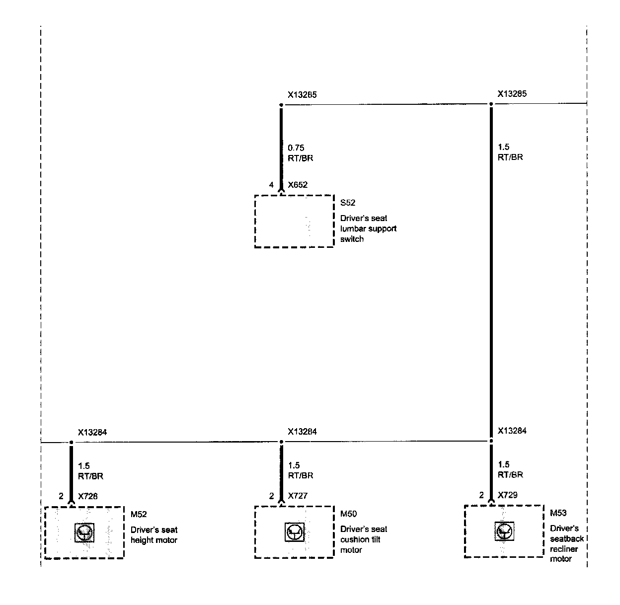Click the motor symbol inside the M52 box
[x=83, y=532]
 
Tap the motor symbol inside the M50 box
[x=294, y=532]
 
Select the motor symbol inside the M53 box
[x=504, y=531]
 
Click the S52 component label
[x=348, y=203]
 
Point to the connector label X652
[x=298, y=185]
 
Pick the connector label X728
[x=88, y=496]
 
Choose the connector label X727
[x=298, y=496]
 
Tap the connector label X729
[x=508, y=495]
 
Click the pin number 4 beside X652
[x=271, y=185]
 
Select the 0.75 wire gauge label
[x=296, y=148]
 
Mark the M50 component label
[x=348, y=514]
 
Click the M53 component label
[x=558, y=513]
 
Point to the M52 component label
[x=139, y=514]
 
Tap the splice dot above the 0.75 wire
[x=281, y=105]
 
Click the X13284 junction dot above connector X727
[x=281, y=442]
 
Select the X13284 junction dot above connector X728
[x=71, y=442]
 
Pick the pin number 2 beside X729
[x=481, y=495]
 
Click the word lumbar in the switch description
[x=353, y=228]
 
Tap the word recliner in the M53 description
[x=564, y=549]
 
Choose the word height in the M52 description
[x=142, y=540]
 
